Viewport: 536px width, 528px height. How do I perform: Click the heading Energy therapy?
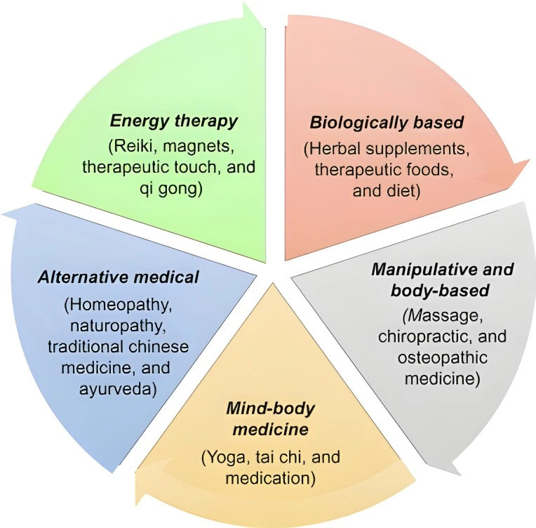(x=174, y=120)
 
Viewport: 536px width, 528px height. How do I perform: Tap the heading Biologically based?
(x=387, y=123)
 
